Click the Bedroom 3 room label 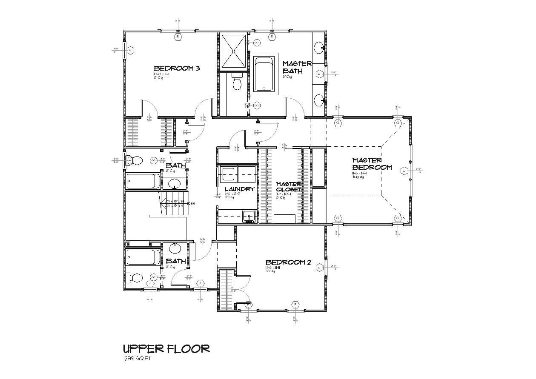pyautogui.click(x=177, y=68)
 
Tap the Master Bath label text pyautogui.click(x=297, y=67)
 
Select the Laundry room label pyautogui.click(x=240, y=189)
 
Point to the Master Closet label pyautogui.click(x=289, y=187)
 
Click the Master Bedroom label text pyautogui.click(x=372, y=164)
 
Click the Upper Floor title pyautogui.click(x=166, y=349)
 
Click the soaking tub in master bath pyautogui.click(x=265, y=74)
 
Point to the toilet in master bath pyautogui.click(x=237, y=82)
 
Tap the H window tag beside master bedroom pyautogui.click(x=403, y=171)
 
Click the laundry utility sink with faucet pyautogui.click(x=249, y=217)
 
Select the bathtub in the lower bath pyautogui.click(x=143, y=257)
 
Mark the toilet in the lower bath pyautogui.click(x=135, y=278)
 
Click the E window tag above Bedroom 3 pyautogui.click(x=178, y=37)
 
